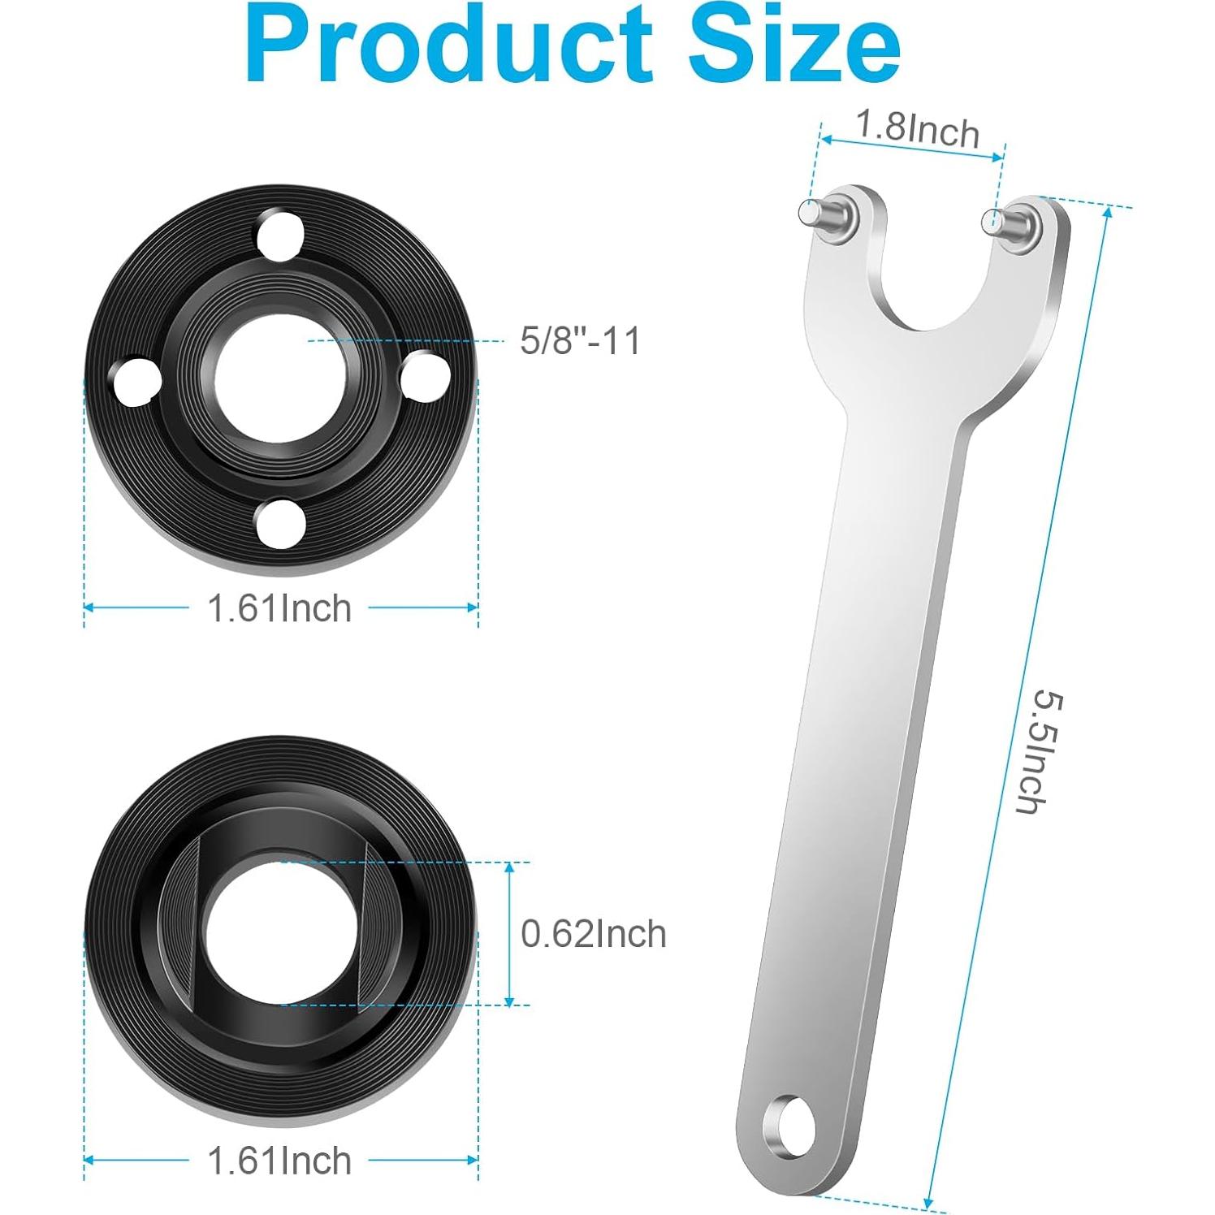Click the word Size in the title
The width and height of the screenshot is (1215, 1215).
tap(794, 45)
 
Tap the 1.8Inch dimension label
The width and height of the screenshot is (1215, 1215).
tap(918, 129)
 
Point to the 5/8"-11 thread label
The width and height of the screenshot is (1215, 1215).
tap(580, 340)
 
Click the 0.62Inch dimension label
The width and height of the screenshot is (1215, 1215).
tap(593, 934)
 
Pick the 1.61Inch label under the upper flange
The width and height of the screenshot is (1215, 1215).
tap(279, 608)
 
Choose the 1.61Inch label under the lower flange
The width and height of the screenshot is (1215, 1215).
tap(279, 1161)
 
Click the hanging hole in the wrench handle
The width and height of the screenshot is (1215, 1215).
tap(786, 1124)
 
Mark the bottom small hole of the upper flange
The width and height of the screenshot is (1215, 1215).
tap(279, 525)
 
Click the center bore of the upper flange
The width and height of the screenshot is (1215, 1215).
tap(281, 377)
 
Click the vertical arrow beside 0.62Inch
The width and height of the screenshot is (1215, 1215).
tap(509, 934)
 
